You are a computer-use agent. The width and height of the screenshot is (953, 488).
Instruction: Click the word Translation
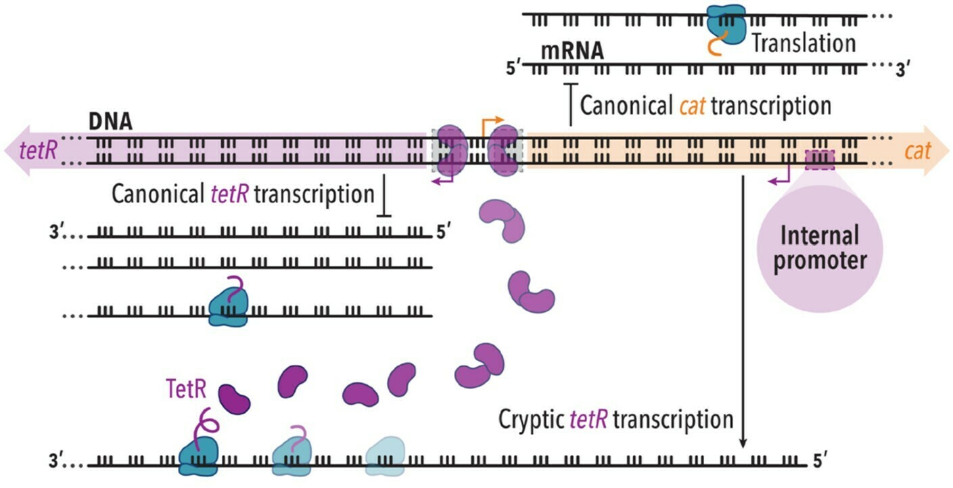click(x=804, y=43)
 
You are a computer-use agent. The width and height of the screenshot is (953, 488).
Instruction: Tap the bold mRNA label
click(x=572, y=51)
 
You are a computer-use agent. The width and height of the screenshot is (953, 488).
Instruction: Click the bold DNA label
click(x=110, y=122)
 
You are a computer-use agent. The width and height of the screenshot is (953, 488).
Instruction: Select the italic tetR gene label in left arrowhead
click(x=39, y=151)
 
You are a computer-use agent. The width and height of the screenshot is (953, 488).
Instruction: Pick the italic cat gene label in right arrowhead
click(x=918, y=151)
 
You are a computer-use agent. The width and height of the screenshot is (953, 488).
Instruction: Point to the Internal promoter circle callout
click(x=820, y=249)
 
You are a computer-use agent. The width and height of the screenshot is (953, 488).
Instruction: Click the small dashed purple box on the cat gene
click(x=820, y=160)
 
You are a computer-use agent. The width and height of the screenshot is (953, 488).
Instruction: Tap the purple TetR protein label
click(x=187, y=389)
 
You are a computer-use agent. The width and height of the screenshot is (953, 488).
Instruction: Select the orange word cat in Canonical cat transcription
click(x=692, y=106)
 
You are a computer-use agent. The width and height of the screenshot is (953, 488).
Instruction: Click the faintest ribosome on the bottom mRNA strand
click(x=385, y=456)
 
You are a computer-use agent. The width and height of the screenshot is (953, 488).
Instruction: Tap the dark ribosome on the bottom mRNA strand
click(x=198, y=456)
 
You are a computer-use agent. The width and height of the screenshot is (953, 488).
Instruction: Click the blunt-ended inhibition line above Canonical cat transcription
click(x=571, y=105)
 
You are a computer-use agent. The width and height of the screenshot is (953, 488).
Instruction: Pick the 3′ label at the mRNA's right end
click(x=903, y=70)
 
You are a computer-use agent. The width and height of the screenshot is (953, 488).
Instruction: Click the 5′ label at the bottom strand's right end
click(x=820, y=461)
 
